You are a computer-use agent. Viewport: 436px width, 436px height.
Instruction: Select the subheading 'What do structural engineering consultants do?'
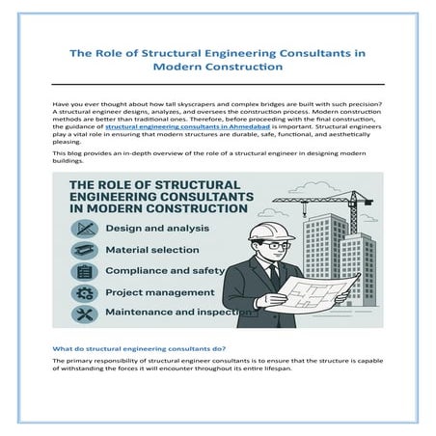point(140,347)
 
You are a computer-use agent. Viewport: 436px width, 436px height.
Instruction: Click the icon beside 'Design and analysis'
point(83,229)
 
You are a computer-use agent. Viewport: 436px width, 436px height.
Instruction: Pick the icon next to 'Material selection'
point(83,250)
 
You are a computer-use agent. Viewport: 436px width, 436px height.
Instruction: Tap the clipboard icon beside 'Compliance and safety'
point(83,271)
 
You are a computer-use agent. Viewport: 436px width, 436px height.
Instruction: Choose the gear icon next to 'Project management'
point(83,292)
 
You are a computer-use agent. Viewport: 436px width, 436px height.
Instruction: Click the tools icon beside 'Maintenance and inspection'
point(83,313)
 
